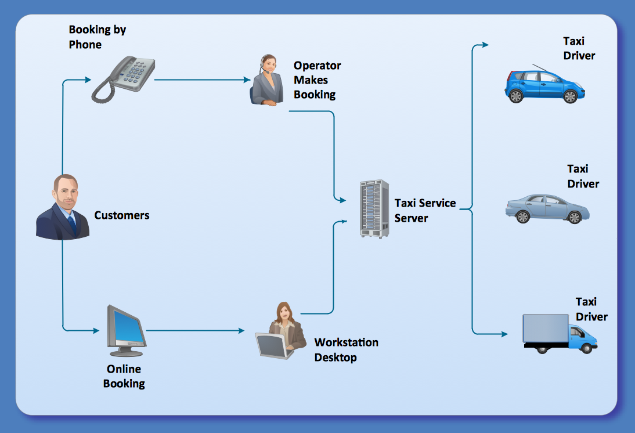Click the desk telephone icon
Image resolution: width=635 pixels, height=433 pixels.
123,79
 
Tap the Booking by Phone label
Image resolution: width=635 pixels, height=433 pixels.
98,37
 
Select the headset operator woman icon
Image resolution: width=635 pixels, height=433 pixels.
266,81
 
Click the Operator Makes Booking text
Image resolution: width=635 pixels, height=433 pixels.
316,80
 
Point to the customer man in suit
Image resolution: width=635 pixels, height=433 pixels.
63,208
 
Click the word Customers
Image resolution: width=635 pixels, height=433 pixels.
122,215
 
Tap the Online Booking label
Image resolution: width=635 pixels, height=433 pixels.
124,376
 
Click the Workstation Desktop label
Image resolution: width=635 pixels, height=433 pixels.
346,350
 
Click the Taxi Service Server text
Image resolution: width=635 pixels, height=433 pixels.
425,211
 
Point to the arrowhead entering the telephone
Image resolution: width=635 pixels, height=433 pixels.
88,79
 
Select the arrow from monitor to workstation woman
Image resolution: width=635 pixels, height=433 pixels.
194,331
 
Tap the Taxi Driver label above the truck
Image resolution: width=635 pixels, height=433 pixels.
591,309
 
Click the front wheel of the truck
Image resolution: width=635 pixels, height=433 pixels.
587,348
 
